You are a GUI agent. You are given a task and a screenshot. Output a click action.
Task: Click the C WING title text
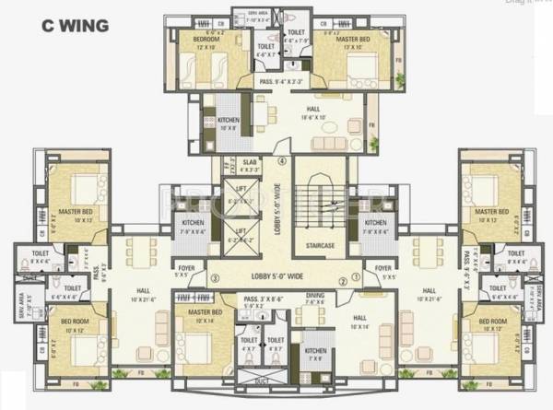pyautogui.click(x=74, y=25)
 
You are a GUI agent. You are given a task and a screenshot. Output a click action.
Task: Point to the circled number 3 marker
pyautogui.click(x=214, y=279)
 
